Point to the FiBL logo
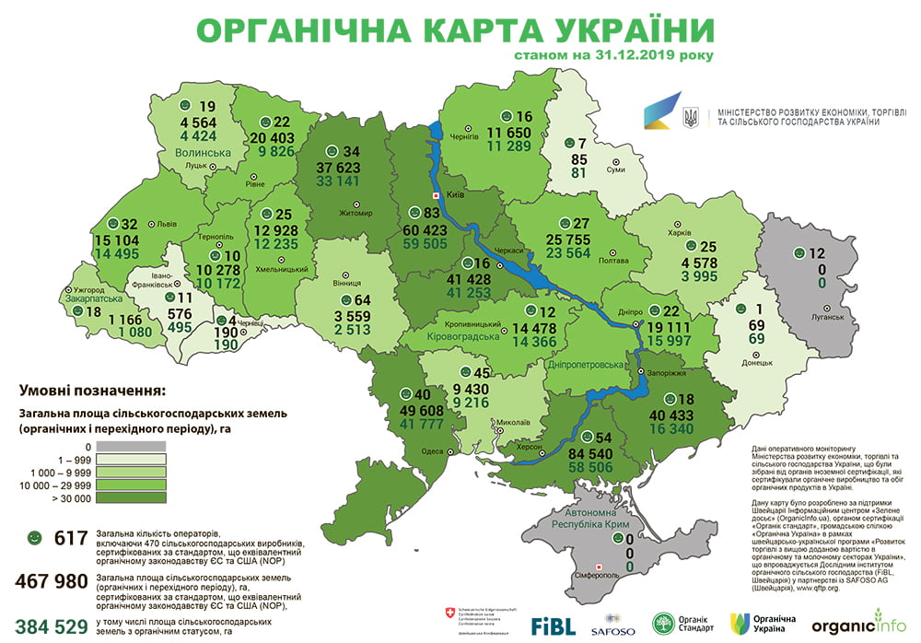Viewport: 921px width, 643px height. (x=554, y=624)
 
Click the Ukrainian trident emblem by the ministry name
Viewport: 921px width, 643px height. (x=689, y=117)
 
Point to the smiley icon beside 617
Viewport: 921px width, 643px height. (x=35, y=536)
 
